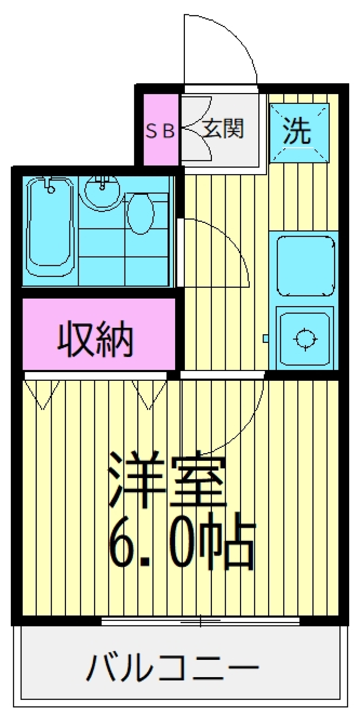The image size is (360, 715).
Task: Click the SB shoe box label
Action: [160, 131]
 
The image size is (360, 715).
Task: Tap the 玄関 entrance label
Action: [223, 129]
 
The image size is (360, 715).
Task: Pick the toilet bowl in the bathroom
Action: [140, 213]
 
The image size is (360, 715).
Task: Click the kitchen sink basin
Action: [306, 266]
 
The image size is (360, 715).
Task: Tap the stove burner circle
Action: [305, 339]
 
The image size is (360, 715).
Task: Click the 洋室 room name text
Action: [167, 481]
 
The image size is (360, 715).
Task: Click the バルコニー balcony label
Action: [172, 668]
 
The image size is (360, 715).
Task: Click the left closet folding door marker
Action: [42, 394]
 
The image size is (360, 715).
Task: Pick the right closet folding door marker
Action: [149, 394]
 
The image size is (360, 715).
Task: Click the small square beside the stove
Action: [265, 339]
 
